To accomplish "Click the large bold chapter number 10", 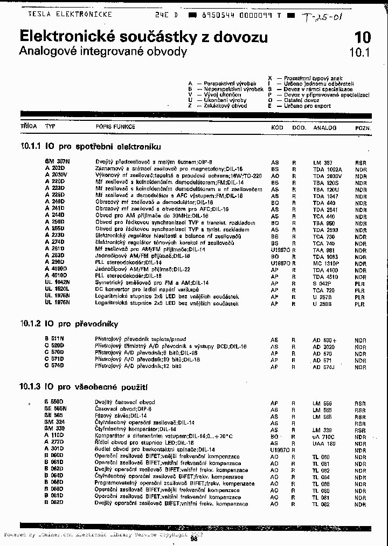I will [363, 37].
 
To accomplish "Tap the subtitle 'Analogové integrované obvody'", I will [102, 52].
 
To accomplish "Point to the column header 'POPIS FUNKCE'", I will [115, 127].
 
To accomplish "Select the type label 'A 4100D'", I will [56, 268].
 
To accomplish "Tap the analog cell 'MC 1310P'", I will [325, 263].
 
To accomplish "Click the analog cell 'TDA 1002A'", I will [327, 169].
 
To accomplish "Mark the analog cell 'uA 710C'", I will [324, 436].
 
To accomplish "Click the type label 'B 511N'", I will [54, 339].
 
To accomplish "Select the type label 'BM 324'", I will [55, 422].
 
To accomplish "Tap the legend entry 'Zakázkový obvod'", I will [225, 106].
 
